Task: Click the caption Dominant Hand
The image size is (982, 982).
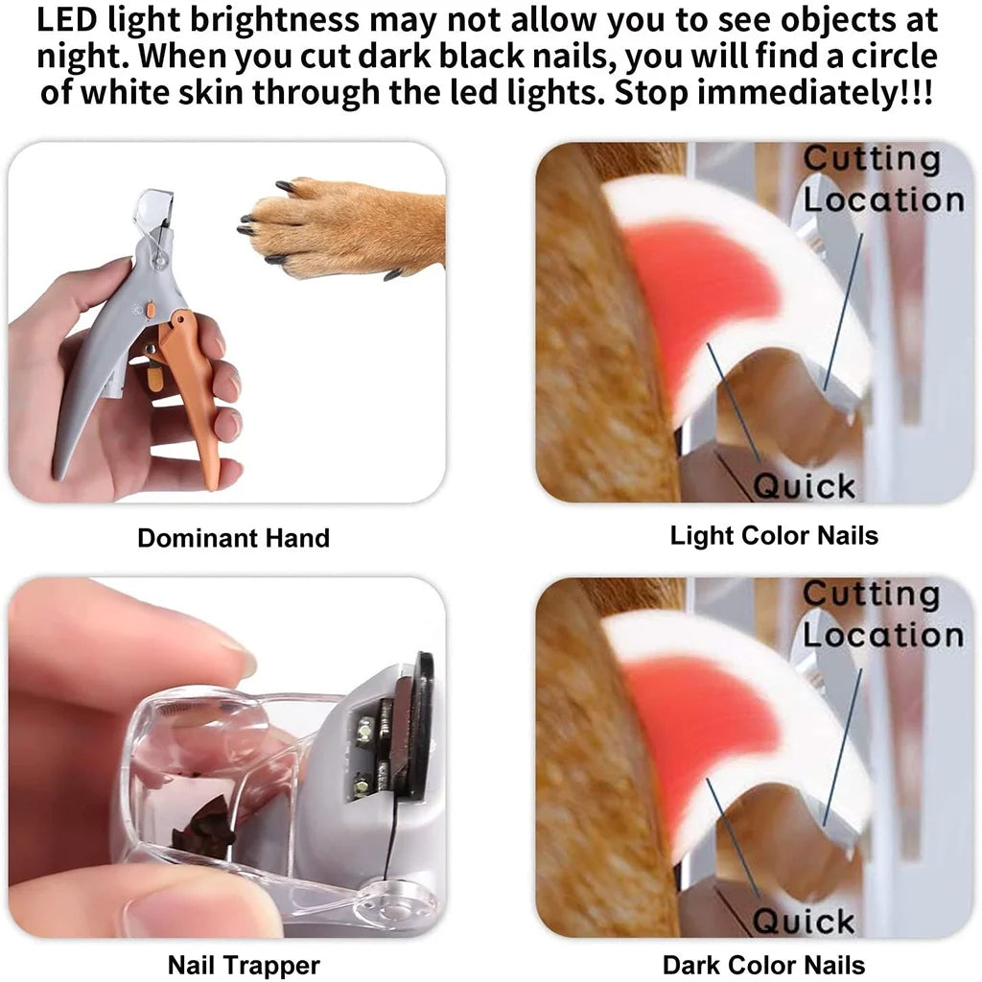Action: [x=233, y=538]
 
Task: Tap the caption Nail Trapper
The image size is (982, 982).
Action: [x=244, y=964]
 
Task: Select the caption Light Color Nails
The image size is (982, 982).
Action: [x=774, y=535]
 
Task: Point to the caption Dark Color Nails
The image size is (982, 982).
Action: [x=763, y=964]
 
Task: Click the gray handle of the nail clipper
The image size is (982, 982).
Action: [x=91, y=384]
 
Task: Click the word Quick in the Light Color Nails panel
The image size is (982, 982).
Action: [x=804, y=486]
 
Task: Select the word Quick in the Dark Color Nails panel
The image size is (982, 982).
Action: [x=804, y=922]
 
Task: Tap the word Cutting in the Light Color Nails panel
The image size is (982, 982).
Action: [x=871, y=159]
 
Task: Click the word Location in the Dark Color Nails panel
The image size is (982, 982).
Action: [x=882, y=634]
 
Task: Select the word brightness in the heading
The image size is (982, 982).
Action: [x=254, y=19]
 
